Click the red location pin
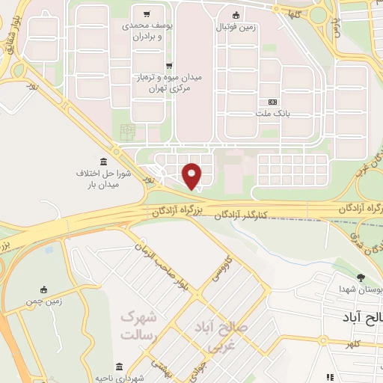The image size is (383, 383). pyautogui.click(x=192, y=175)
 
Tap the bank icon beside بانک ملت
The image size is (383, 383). pyautogui.click(x=272, y=102)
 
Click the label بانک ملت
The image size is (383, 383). pyautogui.click(x=272, y=114)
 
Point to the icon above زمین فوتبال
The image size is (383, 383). pyautogui.click(x=236, y=15)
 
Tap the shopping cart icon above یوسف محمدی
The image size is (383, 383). pyautogui.click(x=147, y=14)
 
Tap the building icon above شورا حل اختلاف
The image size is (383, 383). pyautogui.click(x=103, y=162)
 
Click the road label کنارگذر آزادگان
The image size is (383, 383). pyautogui.click(x=241, y=215)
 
